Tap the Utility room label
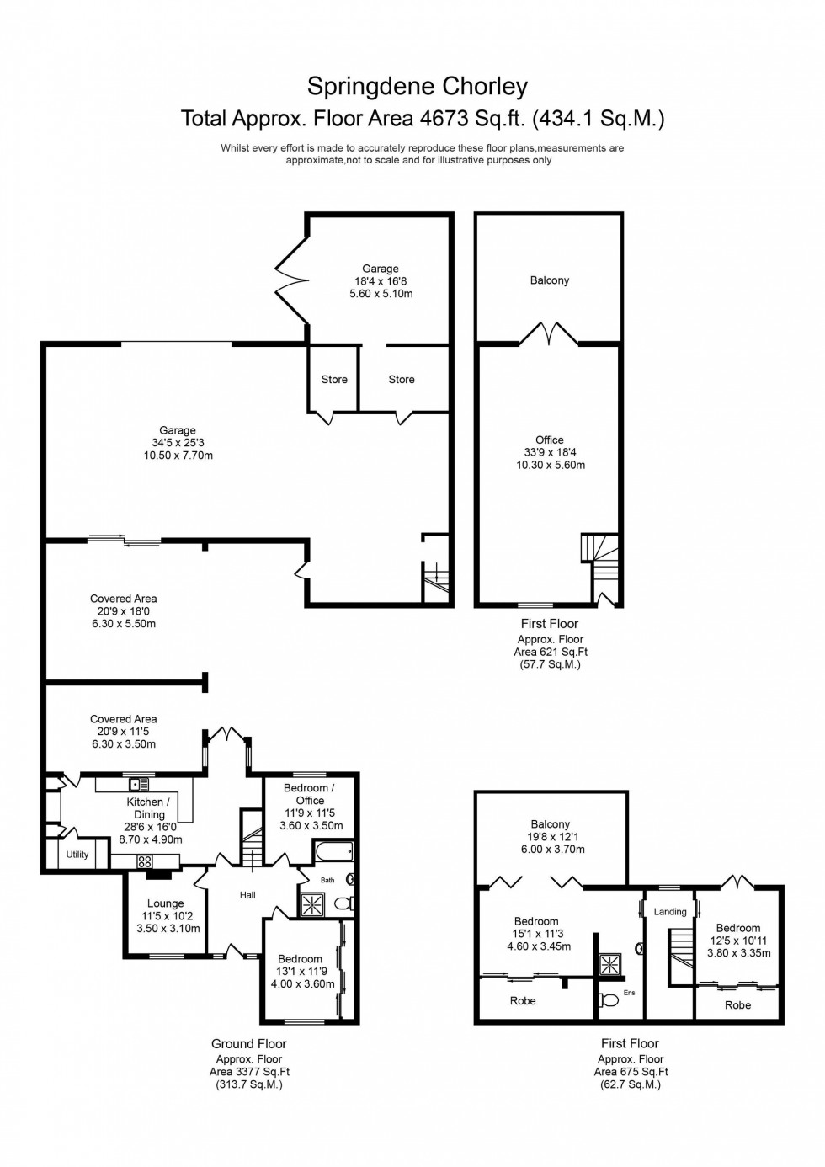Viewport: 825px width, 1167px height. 77,855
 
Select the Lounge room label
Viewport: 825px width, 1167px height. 165,903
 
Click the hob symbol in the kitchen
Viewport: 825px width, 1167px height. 144,861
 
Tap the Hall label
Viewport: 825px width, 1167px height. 247,895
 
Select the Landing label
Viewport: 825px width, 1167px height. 670,911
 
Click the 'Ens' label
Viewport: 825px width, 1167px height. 629,993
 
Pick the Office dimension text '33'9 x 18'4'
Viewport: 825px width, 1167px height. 550,452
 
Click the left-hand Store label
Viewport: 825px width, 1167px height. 334,380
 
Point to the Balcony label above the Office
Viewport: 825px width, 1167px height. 550,280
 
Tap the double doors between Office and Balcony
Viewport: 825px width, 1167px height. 549,334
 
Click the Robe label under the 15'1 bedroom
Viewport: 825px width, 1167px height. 523,1001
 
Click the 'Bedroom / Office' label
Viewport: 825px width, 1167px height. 309,794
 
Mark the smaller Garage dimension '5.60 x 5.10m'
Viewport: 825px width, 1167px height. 381,294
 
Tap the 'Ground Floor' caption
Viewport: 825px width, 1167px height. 249,1044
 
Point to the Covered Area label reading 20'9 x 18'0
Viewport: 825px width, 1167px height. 124,599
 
